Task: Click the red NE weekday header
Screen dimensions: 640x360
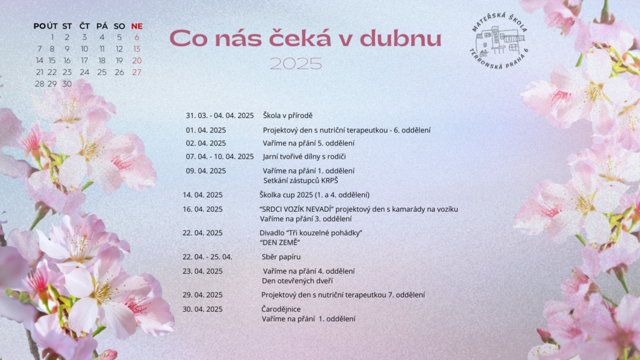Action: pyautogui.click(x=137, y=26)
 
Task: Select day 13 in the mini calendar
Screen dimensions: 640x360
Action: pyautogui.click(x=137, y=49)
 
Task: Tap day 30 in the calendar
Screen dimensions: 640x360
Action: pyautogui.click(x=67, y=84)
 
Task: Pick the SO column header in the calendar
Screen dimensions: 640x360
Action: pyautogui.click(x=119, y=26)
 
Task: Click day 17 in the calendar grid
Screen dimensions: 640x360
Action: pyautogui.click(x=84, y=61)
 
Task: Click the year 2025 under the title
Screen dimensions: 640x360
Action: pyautogui.click(x=296, y=64)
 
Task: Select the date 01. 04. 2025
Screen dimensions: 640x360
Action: pyautogui.click(x=206, y=130)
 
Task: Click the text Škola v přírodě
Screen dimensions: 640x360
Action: pyautogui.click(x=287, y=116)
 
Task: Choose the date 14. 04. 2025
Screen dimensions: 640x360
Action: pyautogui.click(x=202, y=195)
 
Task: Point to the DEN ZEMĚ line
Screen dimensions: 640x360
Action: pyautogui.click(x=280, y=242)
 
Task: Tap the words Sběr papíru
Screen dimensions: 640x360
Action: pyautogui.click(x=281, y=257)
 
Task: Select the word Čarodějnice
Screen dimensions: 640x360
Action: pyautogui.click(x=281, y=309)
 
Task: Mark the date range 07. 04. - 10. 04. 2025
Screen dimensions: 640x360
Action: pyautogui.click(x=220, y=156)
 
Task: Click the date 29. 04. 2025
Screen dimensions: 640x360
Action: pyautogui.click(x=202, y=295)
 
